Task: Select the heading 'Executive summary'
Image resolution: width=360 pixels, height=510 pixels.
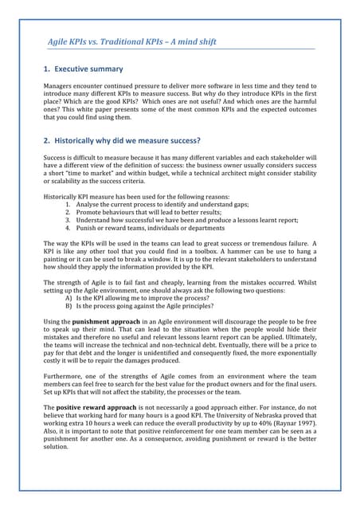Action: pyautogui.click(x=89, y=69)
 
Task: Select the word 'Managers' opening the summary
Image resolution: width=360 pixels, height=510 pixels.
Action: pyautogui.click(x=61, y=86)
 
